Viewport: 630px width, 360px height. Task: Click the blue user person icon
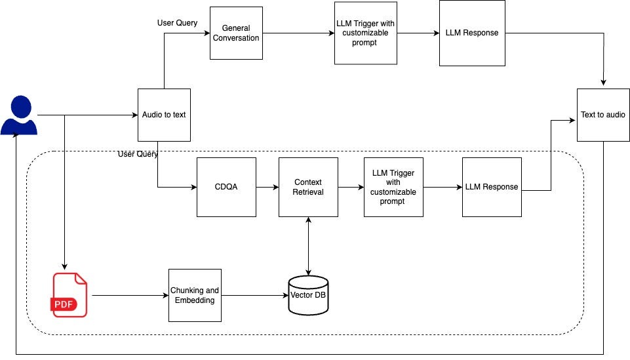pos(18,115)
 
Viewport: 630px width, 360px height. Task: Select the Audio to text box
pos(164,115)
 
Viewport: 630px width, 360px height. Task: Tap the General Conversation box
pos(236,33)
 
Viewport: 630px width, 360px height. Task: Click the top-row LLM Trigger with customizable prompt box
pos(365,33)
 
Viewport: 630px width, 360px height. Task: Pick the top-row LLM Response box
pos(472,33)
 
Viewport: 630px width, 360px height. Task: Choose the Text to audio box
pos(602,115)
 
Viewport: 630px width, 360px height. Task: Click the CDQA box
pos(226,187)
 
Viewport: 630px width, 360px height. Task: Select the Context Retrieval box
pos(308,187)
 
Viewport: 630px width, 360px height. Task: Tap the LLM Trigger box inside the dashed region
pos(393,187)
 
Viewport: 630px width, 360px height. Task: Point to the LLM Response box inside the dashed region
pos(492,187)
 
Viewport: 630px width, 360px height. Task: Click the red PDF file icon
pos(69,295)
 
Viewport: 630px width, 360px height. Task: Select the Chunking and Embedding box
pos(195,295)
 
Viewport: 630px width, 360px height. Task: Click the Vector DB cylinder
pos(308,295)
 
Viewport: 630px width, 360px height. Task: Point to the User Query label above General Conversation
pos(177,22)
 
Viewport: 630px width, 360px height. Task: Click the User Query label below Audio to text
pos(138,154)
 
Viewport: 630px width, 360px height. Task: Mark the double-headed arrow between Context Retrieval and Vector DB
pos(308,246)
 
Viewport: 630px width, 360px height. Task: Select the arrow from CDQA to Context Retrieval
pos(267,187)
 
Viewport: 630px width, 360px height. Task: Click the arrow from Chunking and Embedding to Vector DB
pos(255,295)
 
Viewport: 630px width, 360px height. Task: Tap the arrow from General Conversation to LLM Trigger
pos(298,33)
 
